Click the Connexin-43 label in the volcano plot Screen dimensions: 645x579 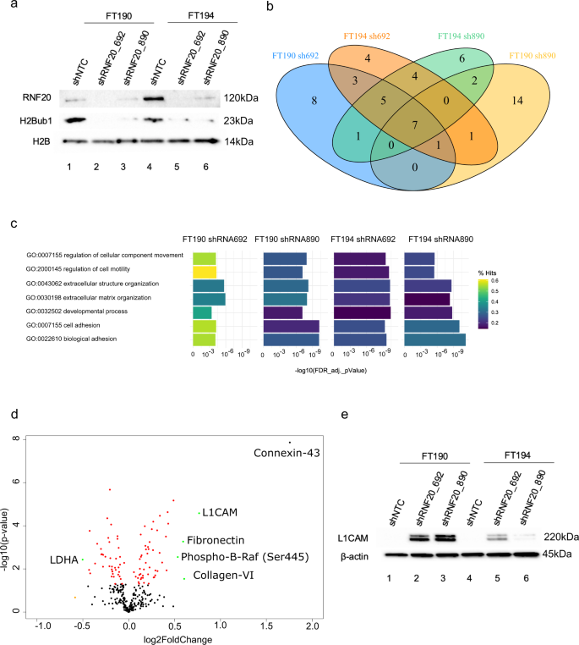tap(287, 453)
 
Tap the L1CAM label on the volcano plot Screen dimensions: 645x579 tap(219, 513)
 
